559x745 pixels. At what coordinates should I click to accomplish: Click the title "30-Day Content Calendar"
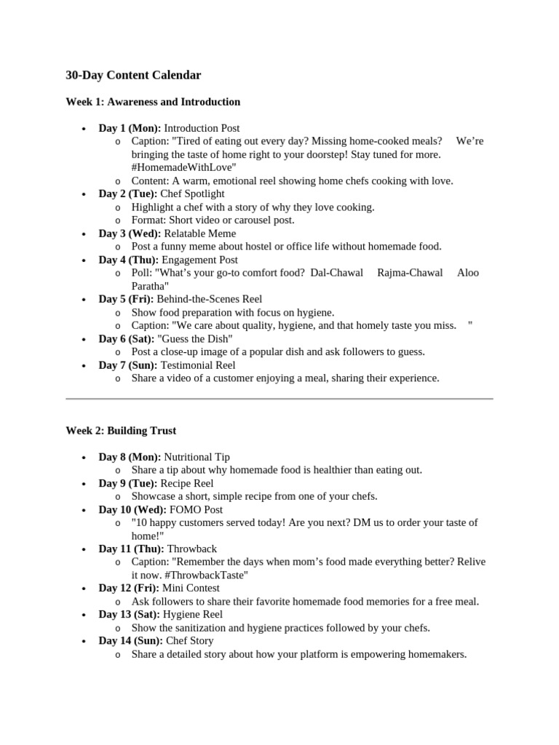pyautogui.click(x=133, y=75)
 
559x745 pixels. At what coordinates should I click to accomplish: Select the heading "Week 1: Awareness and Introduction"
pyautogui.click(x=153, y=102)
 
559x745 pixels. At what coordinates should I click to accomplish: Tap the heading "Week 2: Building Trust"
pyautogui.click(x=121, y=431)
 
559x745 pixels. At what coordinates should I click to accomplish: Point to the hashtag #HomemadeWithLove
pyautogui.click(x=183, y=167)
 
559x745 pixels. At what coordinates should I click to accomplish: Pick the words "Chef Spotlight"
pyautogui.click(x=192, y=194)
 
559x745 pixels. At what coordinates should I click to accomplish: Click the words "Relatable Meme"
pyautogui.click(x=199, y=234)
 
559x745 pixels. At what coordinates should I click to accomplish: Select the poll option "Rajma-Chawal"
pyautogui.click(x=410, y=273)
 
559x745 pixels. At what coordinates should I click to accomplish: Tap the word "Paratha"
pyautogui.click(x=148, y=286)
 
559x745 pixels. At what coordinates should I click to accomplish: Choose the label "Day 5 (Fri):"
pyautogui.click(x=127, y=299)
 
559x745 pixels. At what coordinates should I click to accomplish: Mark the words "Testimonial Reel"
pyautogui.click(x=198, y=365)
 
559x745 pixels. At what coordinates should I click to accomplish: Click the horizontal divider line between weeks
pyautogui.click(x=279, y=399)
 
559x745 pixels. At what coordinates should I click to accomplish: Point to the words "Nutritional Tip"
pyautogui.click(x=197, y=457)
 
